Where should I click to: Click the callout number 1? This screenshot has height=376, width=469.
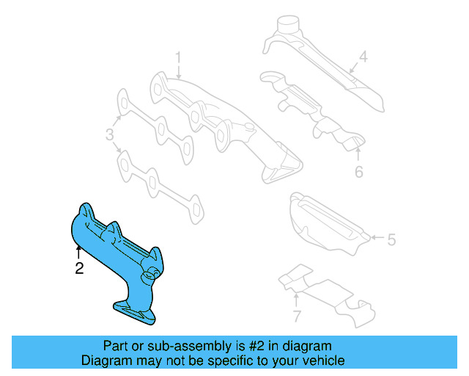(177, 57)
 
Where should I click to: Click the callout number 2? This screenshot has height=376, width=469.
(79, 269)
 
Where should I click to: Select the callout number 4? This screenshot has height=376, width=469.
(363, 56)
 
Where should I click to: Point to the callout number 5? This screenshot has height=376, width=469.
(391, 239)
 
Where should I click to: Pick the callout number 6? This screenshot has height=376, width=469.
(358, 173)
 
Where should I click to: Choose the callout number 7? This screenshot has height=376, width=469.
(296, 317)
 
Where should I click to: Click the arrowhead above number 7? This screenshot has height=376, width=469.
(296, 297)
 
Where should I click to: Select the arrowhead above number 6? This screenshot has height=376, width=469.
(358, 151)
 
